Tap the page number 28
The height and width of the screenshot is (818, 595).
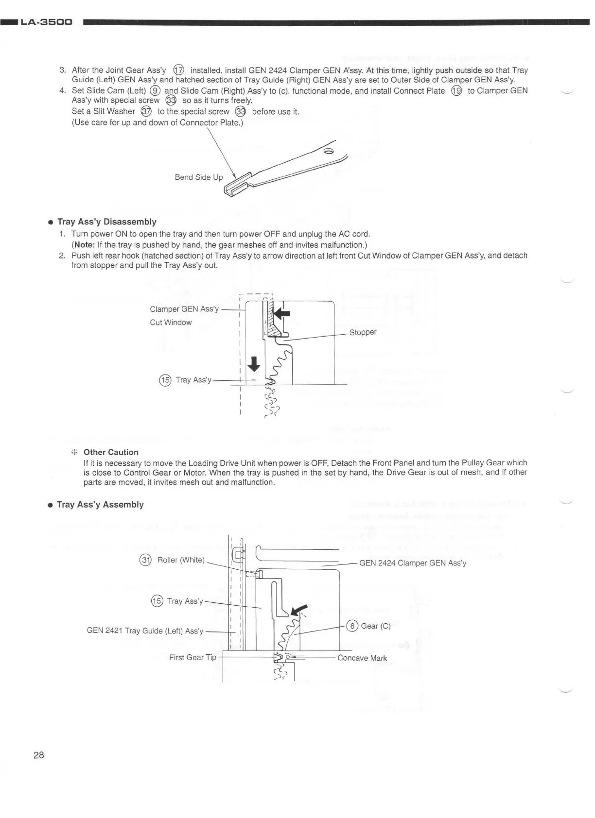(x=39, y=755)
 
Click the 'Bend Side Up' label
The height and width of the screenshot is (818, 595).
(x=198, y=177)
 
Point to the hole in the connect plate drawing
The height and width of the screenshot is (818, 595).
(x=329, y=152)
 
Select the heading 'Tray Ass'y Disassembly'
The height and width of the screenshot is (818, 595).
(x=107, y=222)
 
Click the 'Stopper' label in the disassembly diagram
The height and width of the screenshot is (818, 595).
(x=363, y=332)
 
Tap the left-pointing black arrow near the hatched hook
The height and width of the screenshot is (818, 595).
(x=281, y=313)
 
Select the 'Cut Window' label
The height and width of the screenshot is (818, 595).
(x=171, y=323)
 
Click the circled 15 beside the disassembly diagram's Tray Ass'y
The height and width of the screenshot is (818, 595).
(x=165, y=380)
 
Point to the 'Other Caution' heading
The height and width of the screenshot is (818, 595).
(x=111, y=452)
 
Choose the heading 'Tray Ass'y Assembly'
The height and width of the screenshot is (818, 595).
(x=100, y=505)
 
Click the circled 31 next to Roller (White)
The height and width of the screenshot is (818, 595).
(x=145, y=560)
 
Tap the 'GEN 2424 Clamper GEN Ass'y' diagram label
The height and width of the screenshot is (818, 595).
(x=412, y=563)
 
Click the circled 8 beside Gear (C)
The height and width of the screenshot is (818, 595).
(x=353, y=626)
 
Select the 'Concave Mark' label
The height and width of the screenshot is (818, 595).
(x=362, y=658)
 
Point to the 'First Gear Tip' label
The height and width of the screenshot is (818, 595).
(x=192, y=657)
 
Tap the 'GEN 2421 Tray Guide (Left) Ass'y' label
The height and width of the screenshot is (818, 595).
(x=145, y=631)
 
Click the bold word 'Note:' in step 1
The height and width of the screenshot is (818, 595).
(x=84, y=245)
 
